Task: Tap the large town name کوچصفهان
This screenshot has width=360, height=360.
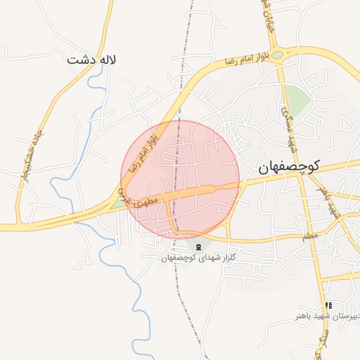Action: [x=288, y=167]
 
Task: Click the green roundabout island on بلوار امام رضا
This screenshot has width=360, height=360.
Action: [x=278, y=55]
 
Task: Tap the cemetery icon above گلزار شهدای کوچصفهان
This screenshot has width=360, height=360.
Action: [x=198, y=246]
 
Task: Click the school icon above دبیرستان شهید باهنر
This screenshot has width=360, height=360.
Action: [x=328, y=306]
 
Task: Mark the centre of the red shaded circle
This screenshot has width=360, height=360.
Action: [x=180, y=180]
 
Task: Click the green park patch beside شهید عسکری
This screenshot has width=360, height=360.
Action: [x=298, y=102]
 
